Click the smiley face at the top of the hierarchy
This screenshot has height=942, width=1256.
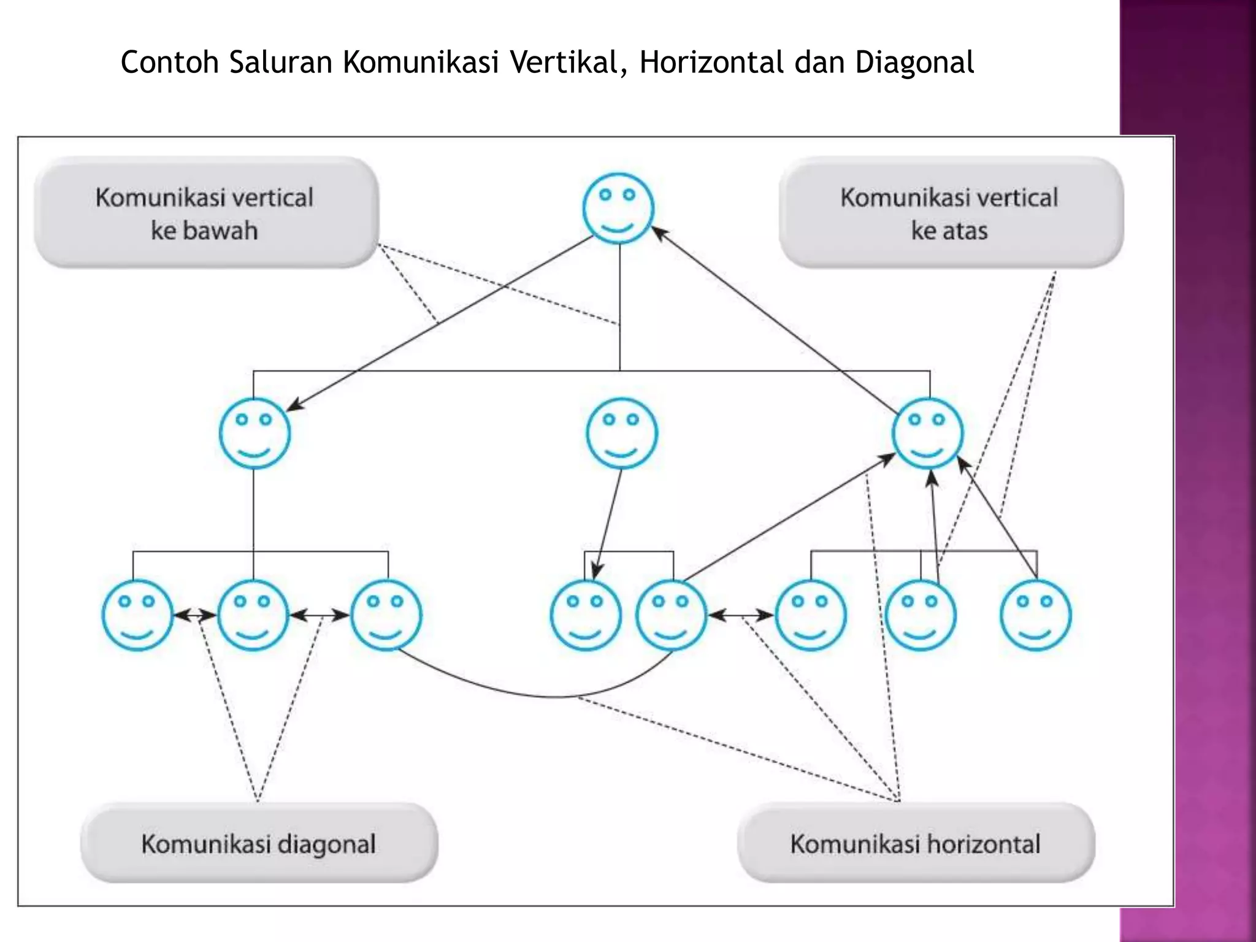pyautogui.click(x=618, y=209)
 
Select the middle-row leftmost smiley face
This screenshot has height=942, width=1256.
pyautogui.click(x=255, y=433)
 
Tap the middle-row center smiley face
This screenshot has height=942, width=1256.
pyautogui.click(x=621, y=433)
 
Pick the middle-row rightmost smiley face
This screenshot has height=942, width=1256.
pyautogui.click(x=927, y=433)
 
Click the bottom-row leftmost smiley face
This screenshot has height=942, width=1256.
pyautogui.click(x=137, y=615)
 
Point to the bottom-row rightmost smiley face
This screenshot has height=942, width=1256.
pyautogui.click(x=1035, y=615)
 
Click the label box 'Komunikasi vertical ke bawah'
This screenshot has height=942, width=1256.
pyautogui.click(x=206, y=213)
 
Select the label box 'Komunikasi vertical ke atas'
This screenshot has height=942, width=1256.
pyautogui.click(x=951, y=213)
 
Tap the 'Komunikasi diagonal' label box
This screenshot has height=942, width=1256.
pyautogui.click(x=259, y=843)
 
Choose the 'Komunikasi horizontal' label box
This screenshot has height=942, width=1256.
pyautogui.click(x=916, y=843)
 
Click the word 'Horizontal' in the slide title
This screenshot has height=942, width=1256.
pyautogui.click(x=711, y=63)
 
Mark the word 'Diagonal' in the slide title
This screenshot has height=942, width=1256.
pyautogui.click(x=914, y=63)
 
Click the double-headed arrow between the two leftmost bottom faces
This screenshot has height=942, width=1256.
pyautogui.click(x=195, y=615)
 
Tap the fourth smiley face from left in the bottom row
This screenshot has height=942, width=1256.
pyautogui.click(x=585, y=615)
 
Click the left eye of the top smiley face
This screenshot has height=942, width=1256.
pyautogui.click(x=605, y=195)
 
